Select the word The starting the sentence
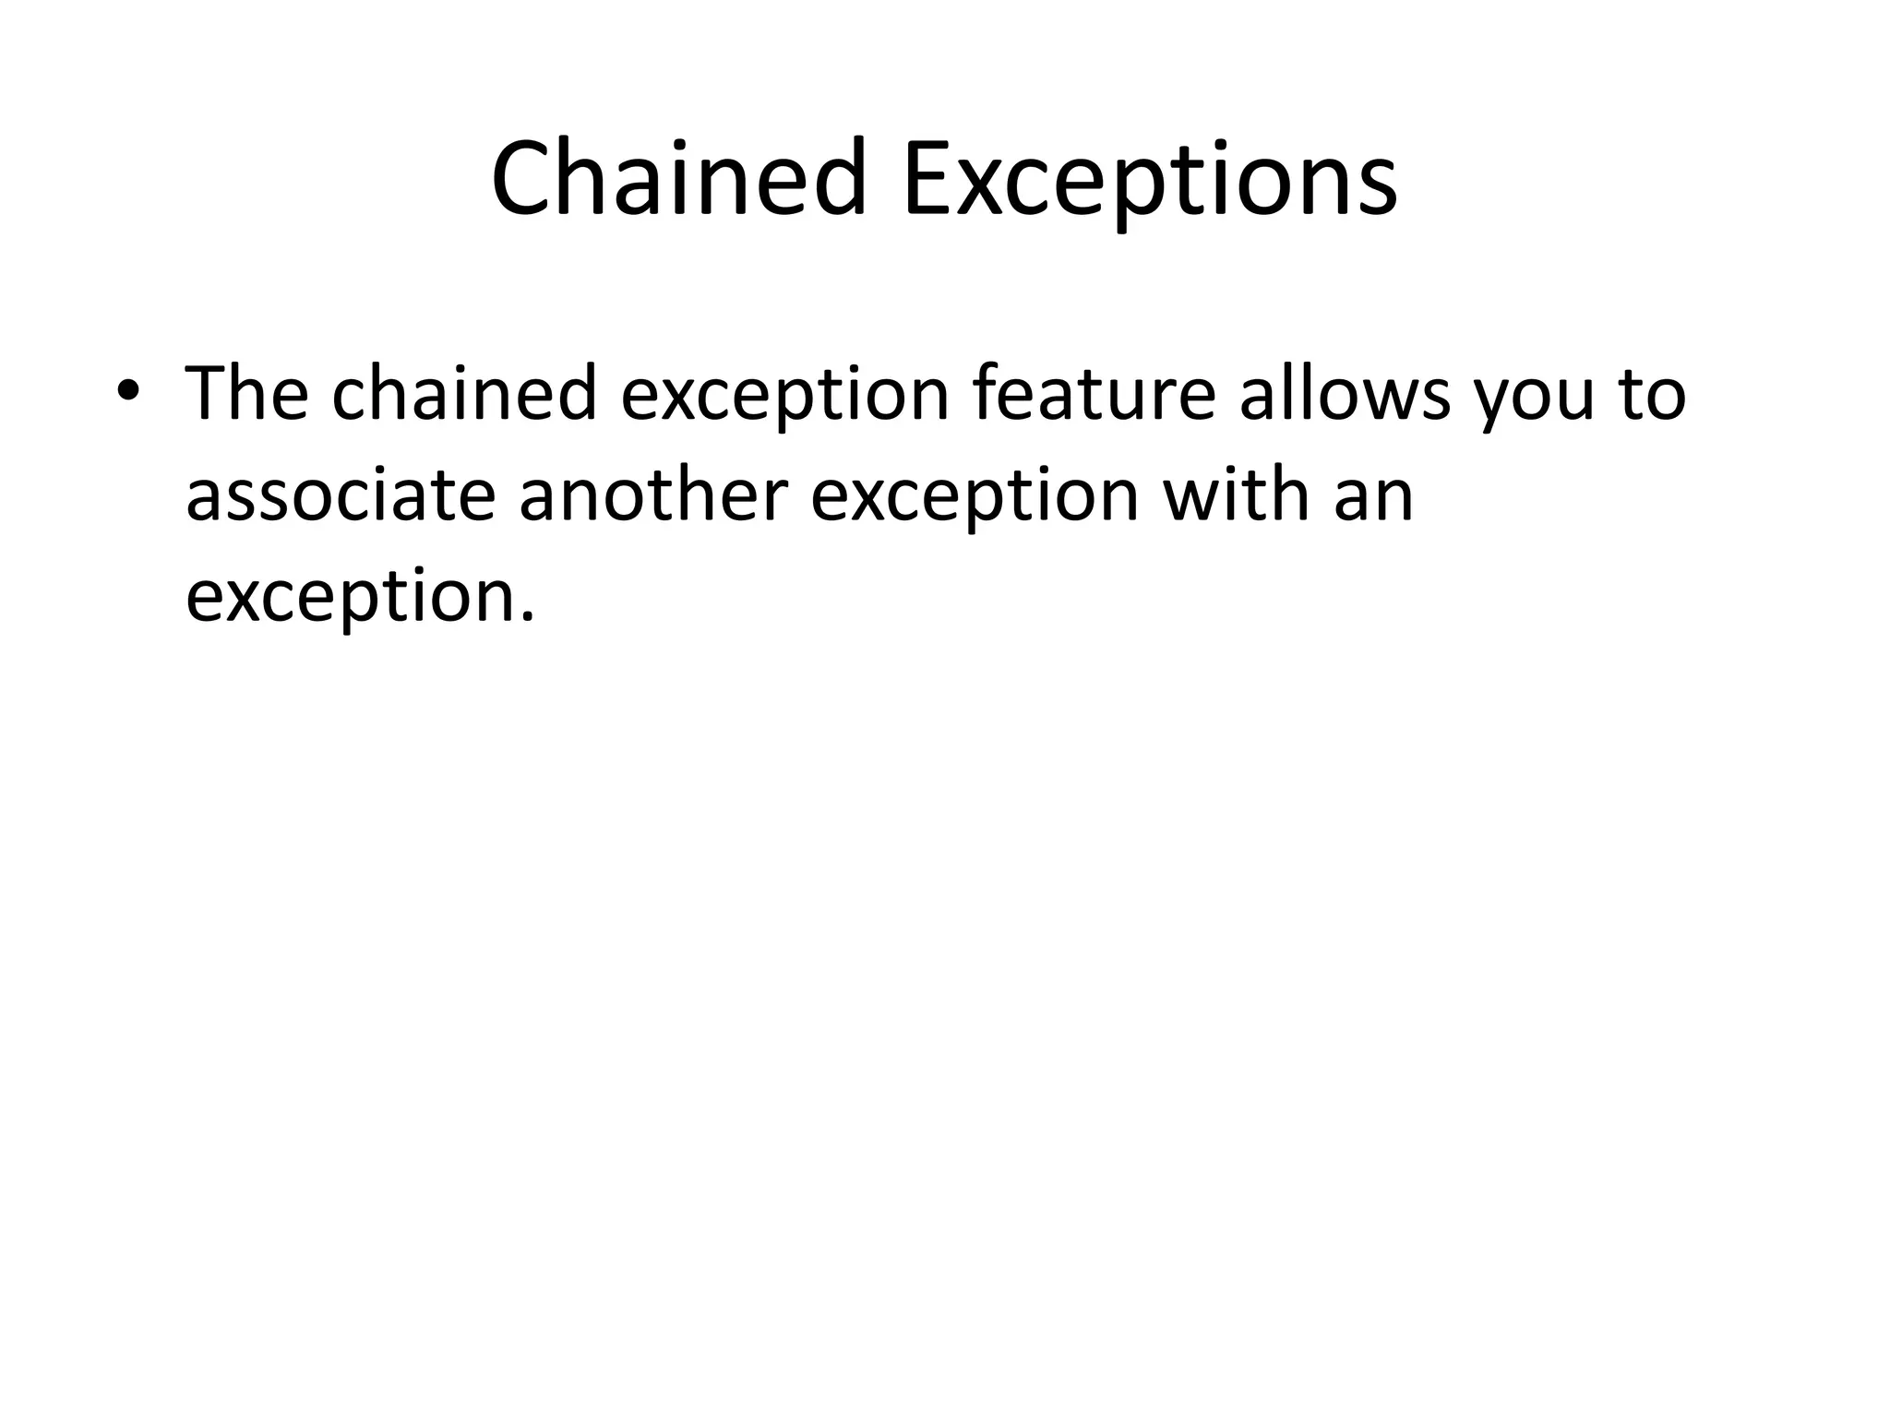click(x=246, y=394)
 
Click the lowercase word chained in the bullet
click(x=464, y=394)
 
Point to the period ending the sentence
click(x=528, y=616)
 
